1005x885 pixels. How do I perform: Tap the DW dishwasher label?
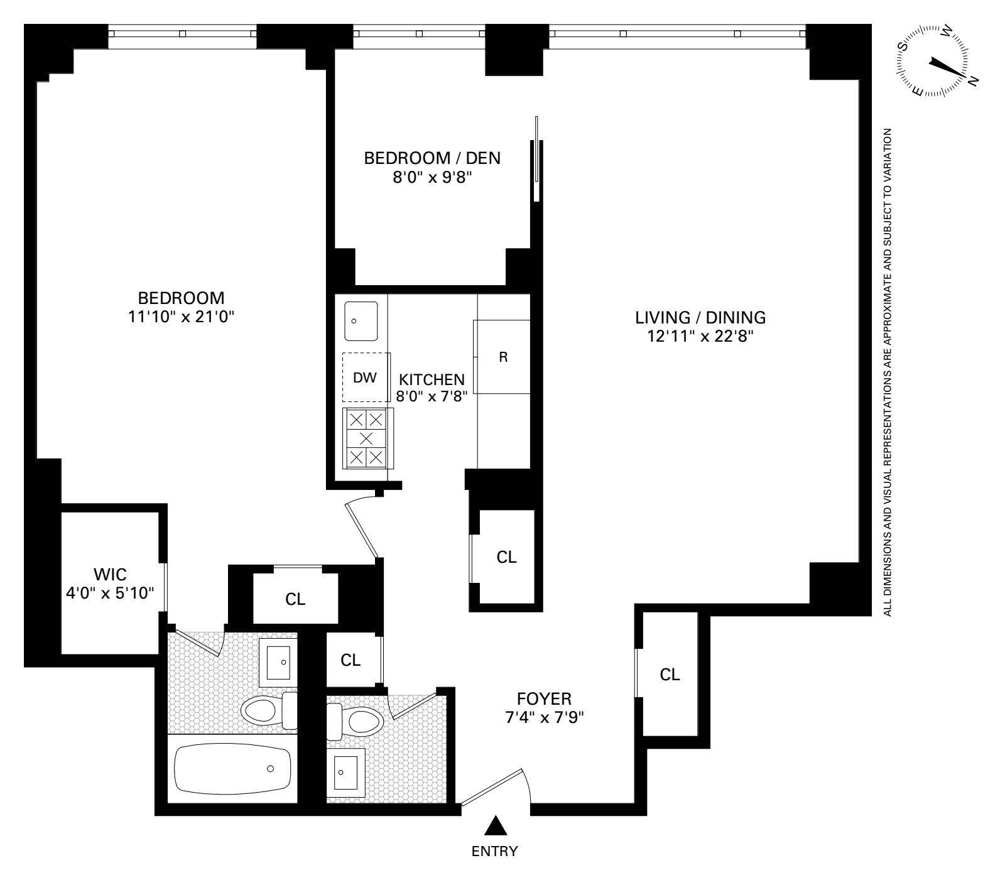tap(365, 377)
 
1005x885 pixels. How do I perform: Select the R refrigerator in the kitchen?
tap(503, 357)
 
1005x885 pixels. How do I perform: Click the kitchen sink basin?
tap(361, 321)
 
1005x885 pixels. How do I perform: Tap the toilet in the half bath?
tap(356, 721)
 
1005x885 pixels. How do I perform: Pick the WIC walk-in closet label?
tap(110, 574)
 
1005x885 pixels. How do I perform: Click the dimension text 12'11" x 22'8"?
tap(700, 337)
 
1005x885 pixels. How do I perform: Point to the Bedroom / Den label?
tap(432, 158)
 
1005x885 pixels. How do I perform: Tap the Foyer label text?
tap(544, 698)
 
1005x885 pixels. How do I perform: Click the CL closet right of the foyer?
tap(670, 675)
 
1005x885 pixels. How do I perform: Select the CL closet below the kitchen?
tap(506, 557)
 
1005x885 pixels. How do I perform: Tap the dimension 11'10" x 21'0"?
tap(181, 317)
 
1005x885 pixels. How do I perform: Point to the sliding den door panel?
tap(536, 158)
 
